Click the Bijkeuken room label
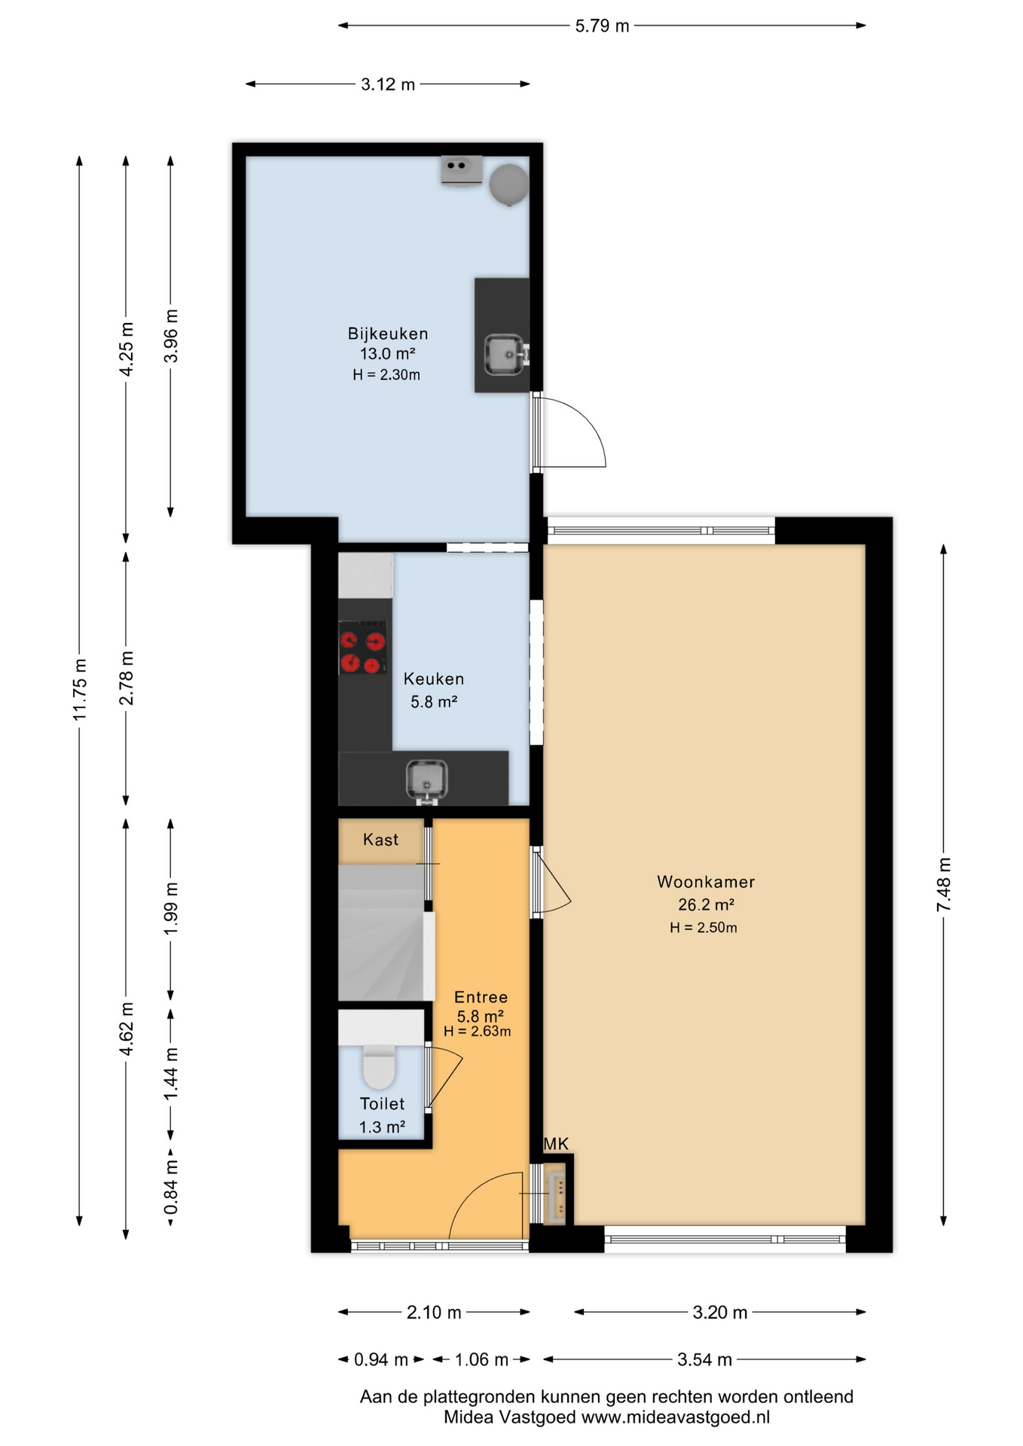(x=387, y=334)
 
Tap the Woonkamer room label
(x=705, y=882)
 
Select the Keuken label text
(x=433, y=679)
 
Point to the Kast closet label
(x=380, y=840)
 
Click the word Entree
(x=481, y=997)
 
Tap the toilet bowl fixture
(x=380, y=1066)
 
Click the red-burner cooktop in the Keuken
(x=362, y=647)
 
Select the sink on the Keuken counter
(x=427, y=780)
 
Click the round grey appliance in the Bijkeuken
(x=508, y=185)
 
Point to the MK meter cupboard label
(x=556, y=1144)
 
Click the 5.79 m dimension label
(x=602, y=26)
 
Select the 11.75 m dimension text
(x=80, y=689)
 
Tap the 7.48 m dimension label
(x=943, y=884)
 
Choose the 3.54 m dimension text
(x=704, y=1359)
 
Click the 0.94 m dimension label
(x=381, y=1359)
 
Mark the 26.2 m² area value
(x=706, y=905)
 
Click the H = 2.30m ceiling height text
(x=386, y=375)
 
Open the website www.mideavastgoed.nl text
(x=675, y=1417)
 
